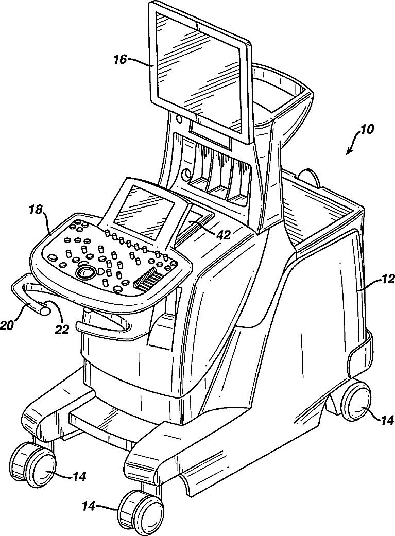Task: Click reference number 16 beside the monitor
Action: (119, 60)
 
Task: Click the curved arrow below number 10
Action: (354, 144)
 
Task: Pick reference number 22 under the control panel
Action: (62, 330)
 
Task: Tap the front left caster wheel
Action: (36, 464)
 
